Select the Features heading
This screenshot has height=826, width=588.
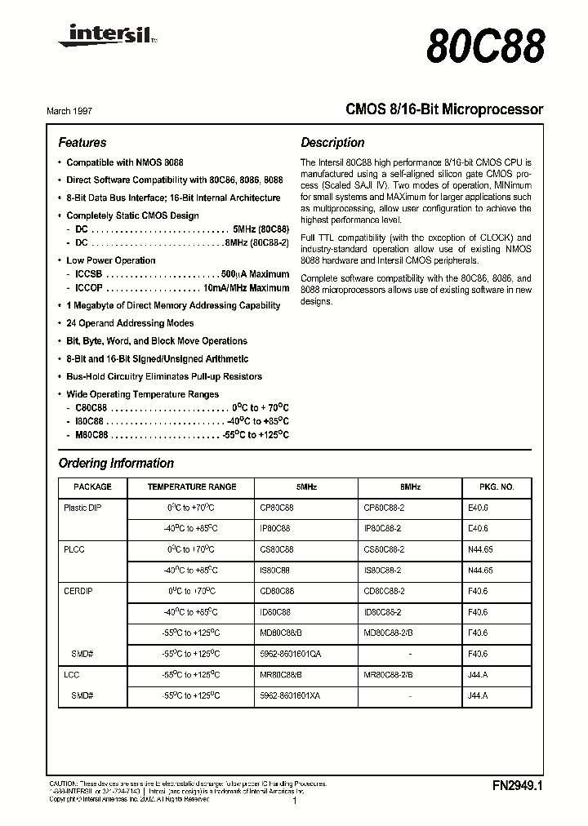tap(82, 142)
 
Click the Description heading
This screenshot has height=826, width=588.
tap(332, 142)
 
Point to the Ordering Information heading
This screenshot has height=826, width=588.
tap(116, 463)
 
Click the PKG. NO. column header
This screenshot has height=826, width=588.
tap(496, 486)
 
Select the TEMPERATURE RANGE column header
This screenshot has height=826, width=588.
tap(192, 486)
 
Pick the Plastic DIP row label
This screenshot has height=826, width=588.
tap(82, 507)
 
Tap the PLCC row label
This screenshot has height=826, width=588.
tap(74, 549)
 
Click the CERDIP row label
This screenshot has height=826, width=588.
tap(78, 591)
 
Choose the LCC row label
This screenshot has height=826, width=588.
tap(71, 674)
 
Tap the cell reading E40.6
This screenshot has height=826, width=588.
tap(479, 507)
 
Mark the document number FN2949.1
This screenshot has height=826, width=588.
tap(518, 785)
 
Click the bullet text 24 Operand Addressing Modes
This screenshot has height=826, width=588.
tap(130, 323)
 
